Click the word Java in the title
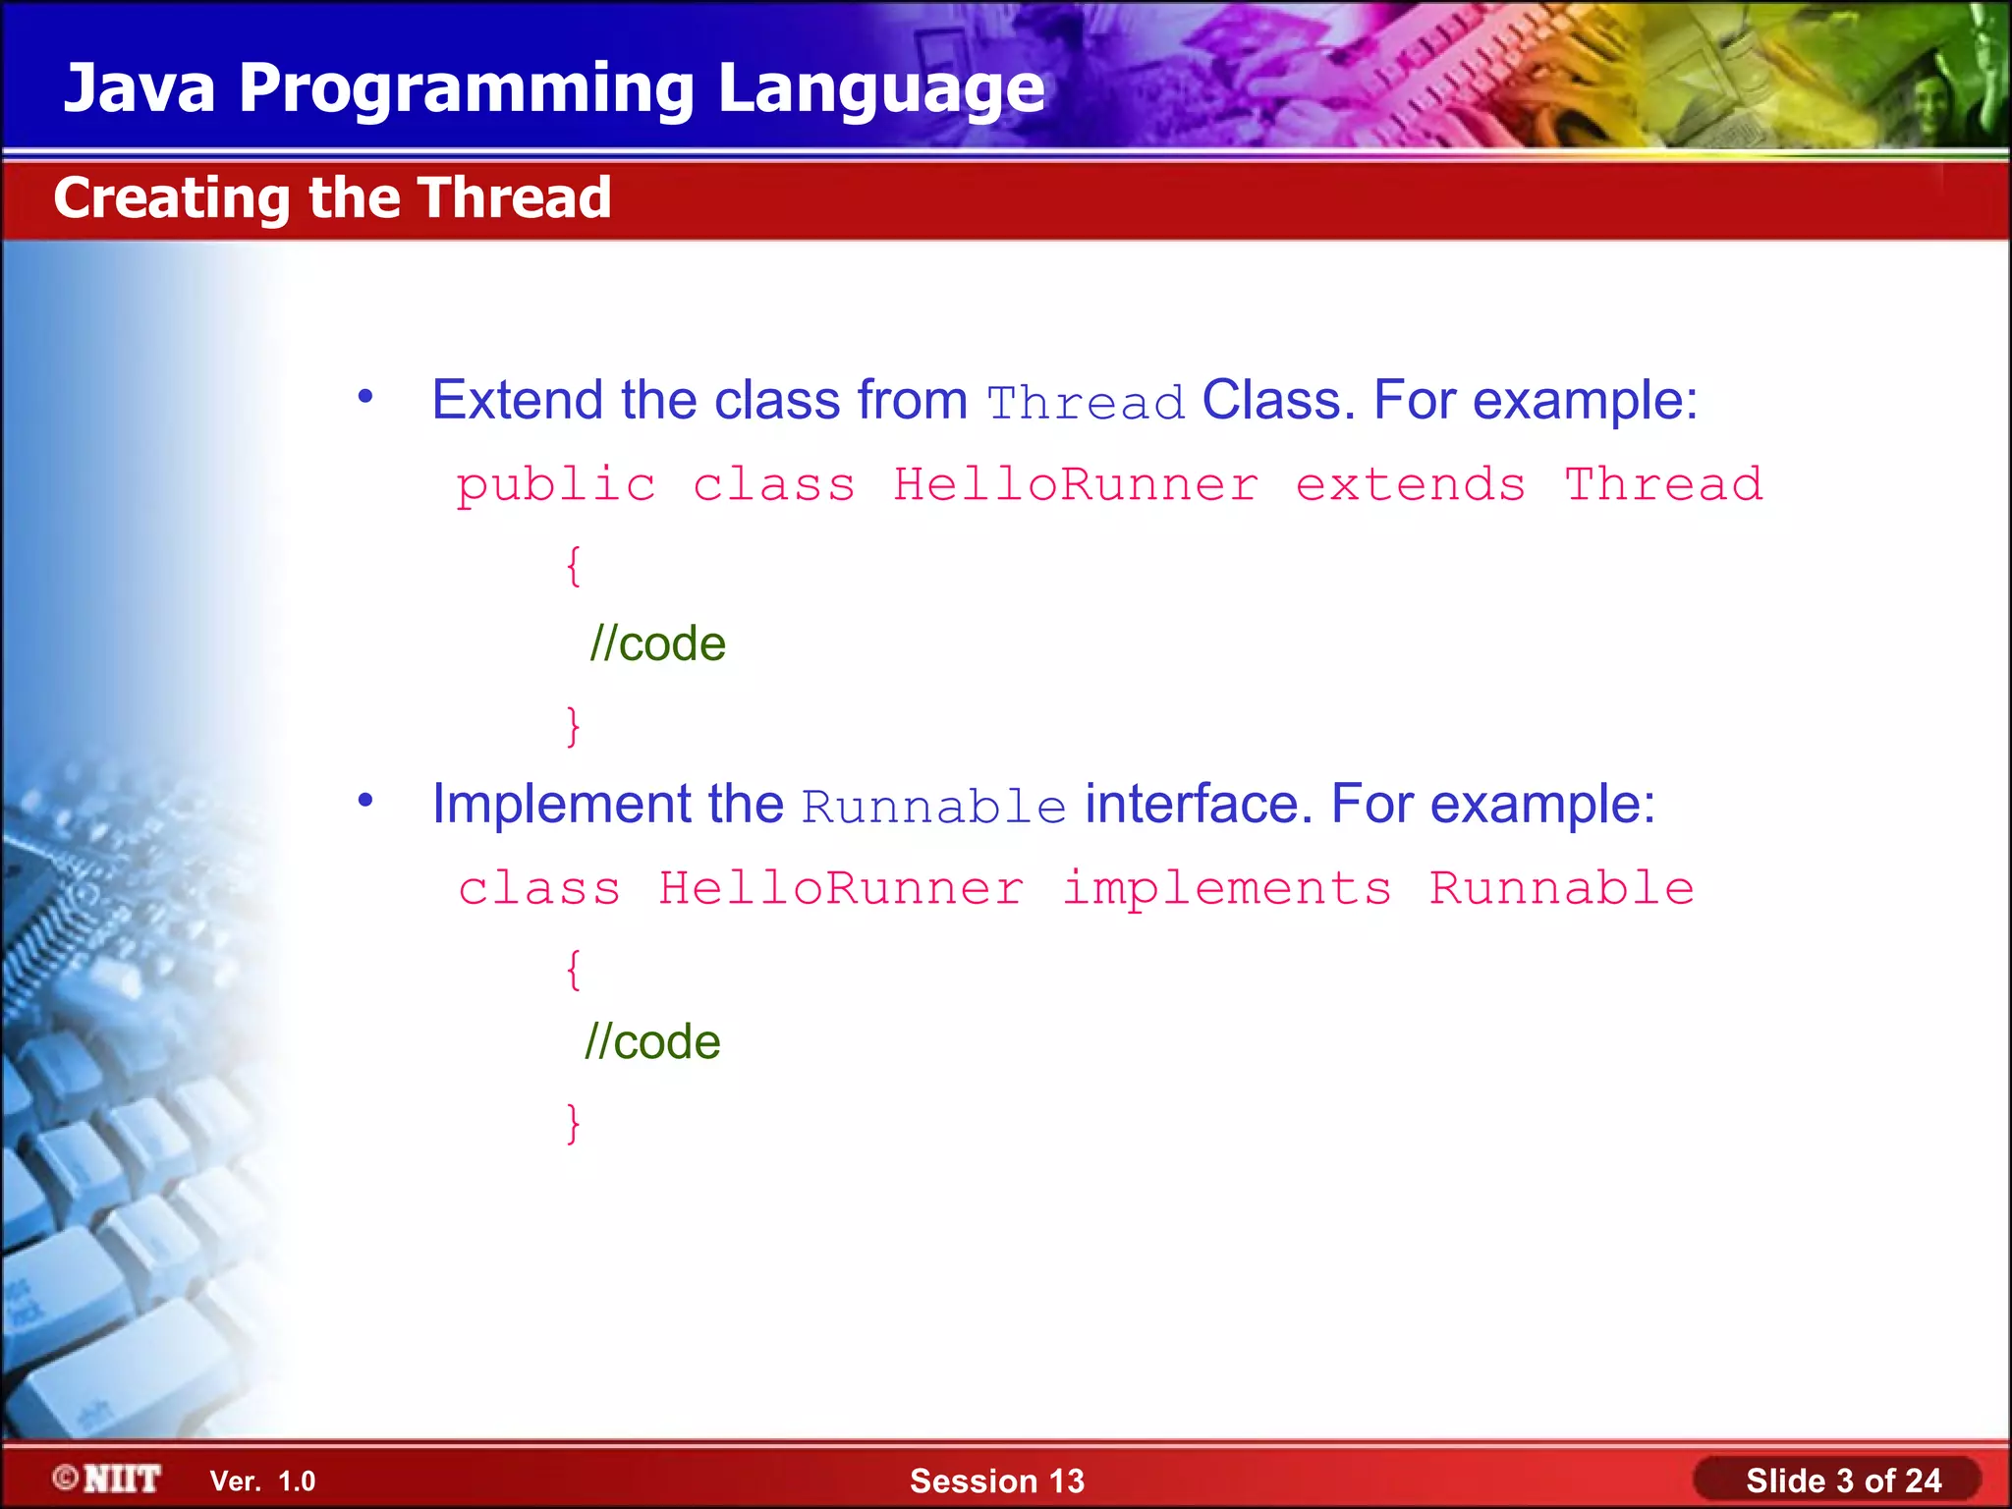140,88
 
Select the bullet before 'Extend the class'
365,397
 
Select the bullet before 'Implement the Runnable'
365,801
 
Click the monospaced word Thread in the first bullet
1086,403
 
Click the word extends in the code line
1410,484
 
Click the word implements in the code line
1227,888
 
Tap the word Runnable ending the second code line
1561,888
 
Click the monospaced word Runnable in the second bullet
933,807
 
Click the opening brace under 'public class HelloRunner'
574,566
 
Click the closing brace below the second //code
574,1122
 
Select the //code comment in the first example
657,644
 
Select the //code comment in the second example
652,1041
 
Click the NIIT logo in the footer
108,1479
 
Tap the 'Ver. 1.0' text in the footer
262,1481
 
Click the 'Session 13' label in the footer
996,1481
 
